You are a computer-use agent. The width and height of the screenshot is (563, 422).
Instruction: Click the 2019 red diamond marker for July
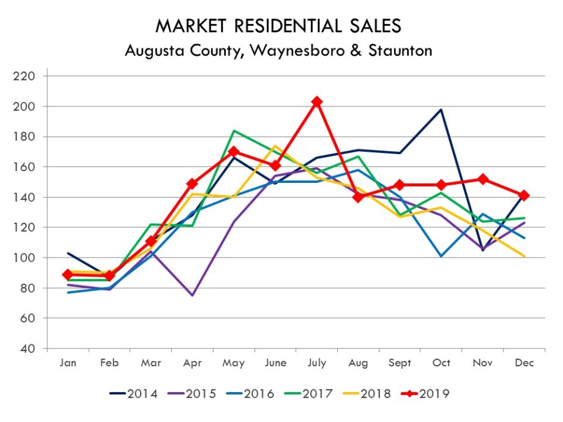317,102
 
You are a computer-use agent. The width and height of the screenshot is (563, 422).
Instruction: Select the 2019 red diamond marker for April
192,183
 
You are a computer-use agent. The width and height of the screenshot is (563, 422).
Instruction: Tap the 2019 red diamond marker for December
524,196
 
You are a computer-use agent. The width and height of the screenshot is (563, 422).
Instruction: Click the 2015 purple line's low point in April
192,295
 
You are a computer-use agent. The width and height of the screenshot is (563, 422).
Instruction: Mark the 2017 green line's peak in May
234,130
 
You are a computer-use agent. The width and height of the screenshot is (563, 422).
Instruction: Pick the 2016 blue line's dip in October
441,256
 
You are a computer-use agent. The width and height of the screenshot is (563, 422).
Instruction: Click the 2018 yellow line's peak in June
275,146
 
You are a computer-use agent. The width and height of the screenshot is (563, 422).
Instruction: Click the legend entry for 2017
310,393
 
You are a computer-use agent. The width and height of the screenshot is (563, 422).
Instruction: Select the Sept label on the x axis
400,363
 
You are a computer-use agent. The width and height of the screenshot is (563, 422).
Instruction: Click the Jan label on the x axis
68,363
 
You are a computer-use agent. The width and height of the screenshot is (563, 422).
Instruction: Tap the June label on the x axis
275,363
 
